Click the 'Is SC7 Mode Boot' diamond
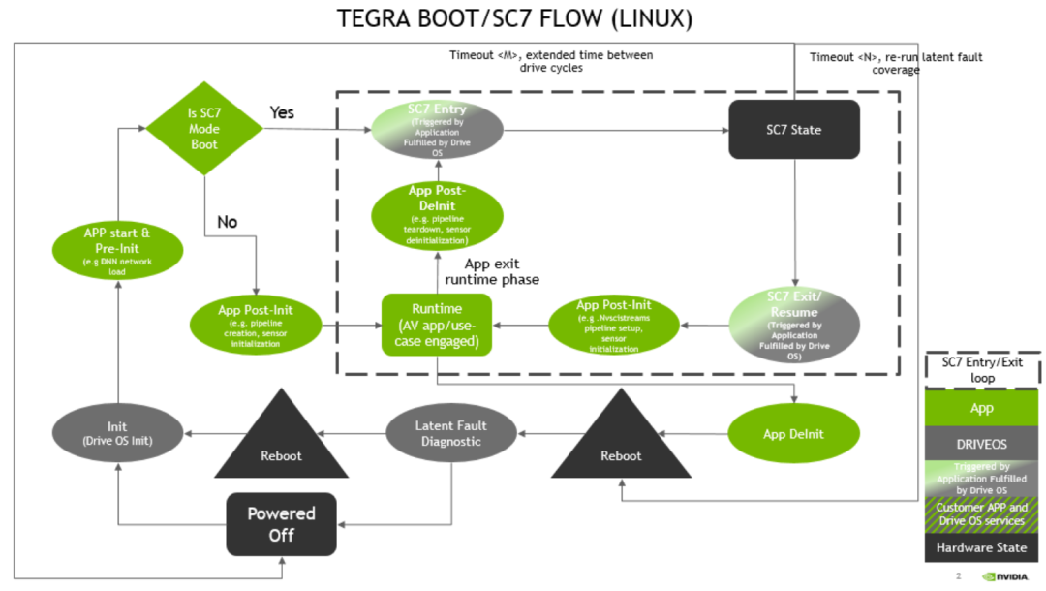[x=204, y=129]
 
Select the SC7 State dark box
[x=794, y=129]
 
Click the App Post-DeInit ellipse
[x=438, y=214]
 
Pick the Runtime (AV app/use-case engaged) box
[x=437, y=324]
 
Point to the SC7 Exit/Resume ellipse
[x=793, y=324]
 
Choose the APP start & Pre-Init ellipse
[x=117, y=250]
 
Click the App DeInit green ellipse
[x=793, y=433]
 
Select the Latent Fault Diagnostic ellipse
[x=450, y=433]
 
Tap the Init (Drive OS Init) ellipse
[x=117, y=433]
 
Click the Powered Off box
[x=281, y=523]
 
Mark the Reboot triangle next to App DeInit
[x=621, y=441]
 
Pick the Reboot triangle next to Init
[x=281, y=441]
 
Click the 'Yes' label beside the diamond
[x=282, y=112]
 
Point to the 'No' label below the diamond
[x=227, y=222]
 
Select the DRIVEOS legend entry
[x=982, y=443]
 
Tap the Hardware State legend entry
[x=982, y=547]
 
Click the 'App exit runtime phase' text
[x=492, y=271]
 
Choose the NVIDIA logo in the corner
[x=1007, y=575]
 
